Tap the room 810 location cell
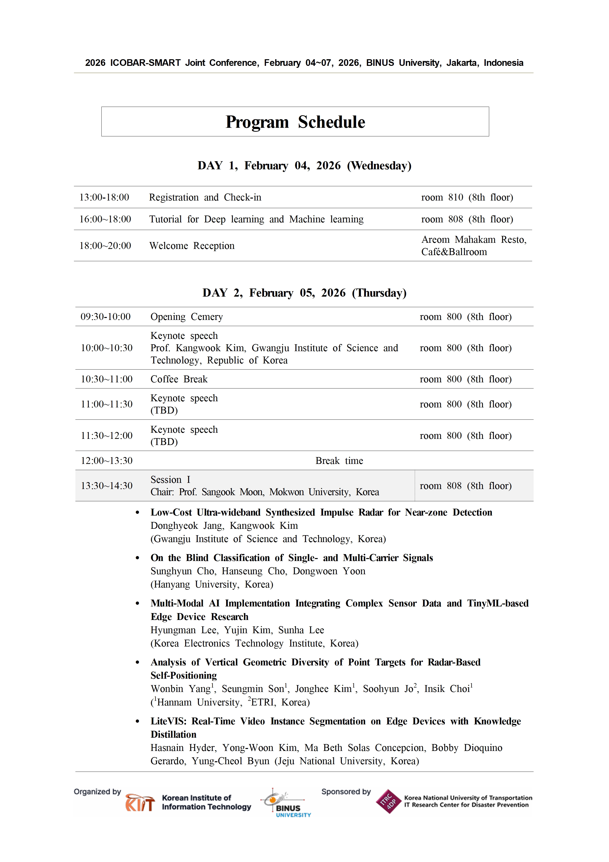pos(467,198)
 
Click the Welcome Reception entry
pos(192,246)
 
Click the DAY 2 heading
pos(304,293)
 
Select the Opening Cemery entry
pos(186,317)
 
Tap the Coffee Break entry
pos(179,379)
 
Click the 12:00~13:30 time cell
pos(107,461)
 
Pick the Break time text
pos(339,461)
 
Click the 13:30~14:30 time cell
pos(107,486)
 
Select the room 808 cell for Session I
pos(465,486)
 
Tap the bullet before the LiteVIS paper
pos(137,721)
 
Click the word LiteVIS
pos(168,721)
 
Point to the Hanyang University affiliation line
pos(212,585)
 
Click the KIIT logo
pos(139,803)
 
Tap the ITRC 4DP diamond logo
pos(388,802)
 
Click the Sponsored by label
pos(346,791)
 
